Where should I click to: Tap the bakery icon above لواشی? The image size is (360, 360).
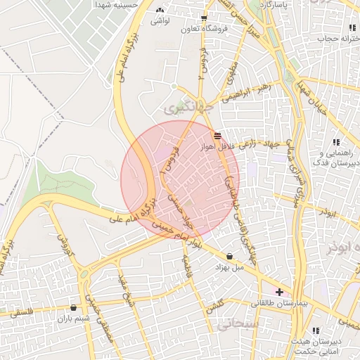161,11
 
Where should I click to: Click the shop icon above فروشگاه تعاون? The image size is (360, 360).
204,19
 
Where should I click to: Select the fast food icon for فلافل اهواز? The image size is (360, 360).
217,135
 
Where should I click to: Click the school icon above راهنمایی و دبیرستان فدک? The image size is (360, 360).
336,143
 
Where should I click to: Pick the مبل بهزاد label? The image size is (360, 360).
228,267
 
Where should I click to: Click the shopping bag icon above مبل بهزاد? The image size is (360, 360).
230,256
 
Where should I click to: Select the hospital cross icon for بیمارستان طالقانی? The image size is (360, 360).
280,292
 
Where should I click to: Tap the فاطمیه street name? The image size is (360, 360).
187,266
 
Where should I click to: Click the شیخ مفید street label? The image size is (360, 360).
127,289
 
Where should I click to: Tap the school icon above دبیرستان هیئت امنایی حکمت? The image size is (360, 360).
316,330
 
